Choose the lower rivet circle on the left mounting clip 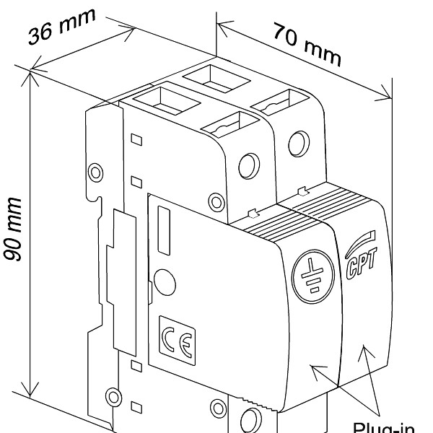click(x=111, y=395)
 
